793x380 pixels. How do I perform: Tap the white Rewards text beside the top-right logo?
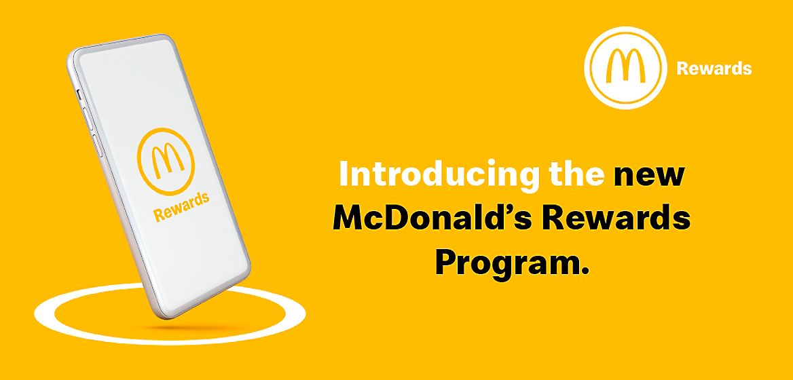pyautogui.click(x=714, y=69)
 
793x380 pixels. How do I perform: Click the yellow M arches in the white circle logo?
pyautogui.click(x=623, y=68)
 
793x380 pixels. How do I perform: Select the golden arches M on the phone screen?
pyautogui.click(x=166, y=160)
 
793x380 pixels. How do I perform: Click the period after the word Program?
pyautogui.click(x=582, y=271)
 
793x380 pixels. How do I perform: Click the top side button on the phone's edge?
pyautogui.click(x=79, y=93)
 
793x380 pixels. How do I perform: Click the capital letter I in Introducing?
pyautogui.click(x=344, y=175)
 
